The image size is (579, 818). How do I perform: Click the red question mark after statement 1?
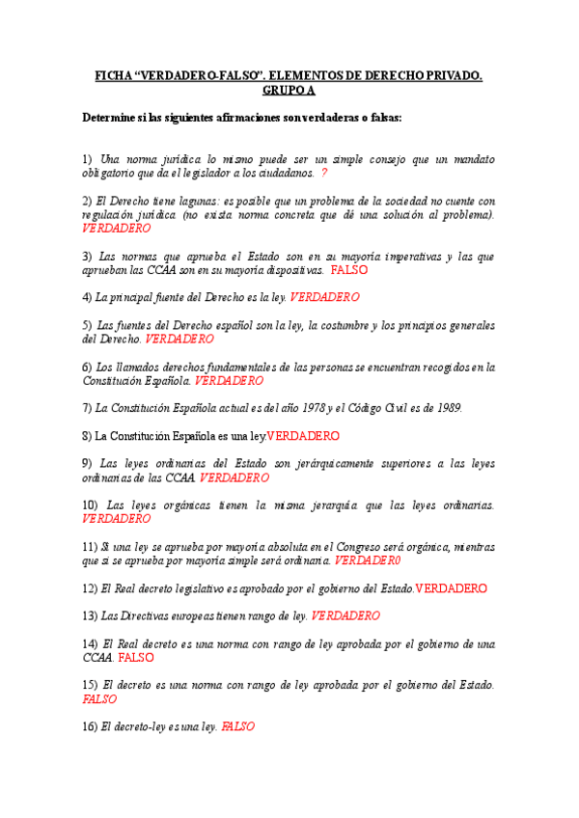324,173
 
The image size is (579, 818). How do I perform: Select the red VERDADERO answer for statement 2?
117,229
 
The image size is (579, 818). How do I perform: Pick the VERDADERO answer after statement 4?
324,297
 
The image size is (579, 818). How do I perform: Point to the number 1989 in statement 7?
445,408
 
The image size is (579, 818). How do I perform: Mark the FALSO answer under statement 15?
100,699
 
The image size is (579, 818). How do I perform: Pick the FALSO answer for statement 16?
237,727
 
